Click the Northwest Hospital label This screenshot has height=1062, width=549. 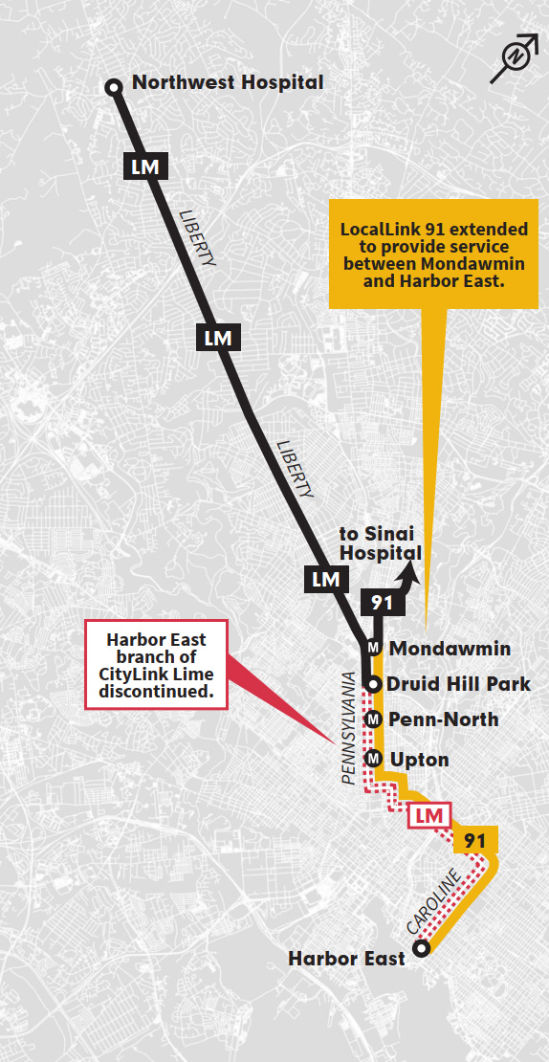click(228, 82)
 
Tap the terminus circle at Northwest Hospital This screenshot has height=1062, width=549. click(114, 88)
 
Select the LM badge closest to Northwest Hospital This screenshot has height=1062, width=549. click(146, 166)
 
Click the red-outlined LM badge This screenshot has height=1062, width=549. click(428, 815)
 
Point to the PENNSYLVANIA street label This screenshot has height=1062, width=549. click(350, 729)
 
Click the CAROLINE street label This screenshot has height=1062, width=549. click(434, 902)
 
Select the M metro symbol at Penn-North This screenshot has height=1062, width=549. click(374, 719)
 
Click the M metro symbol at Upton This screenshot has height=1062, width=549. click(374, 760)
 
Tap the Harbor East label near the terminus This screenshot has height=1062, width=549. click(347, 958)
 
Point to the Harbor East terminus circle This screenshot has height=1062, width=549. click(421, 950)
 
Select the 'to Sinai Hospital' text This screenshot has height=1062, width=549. click(381, 543)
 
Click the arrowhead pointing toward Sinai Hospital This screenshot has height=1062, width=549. click(412, 572)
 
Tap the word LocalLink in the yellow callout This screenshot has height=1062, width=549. click(381, 230)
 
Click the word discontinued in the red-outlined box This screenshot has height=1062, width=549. click(158, 690)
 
